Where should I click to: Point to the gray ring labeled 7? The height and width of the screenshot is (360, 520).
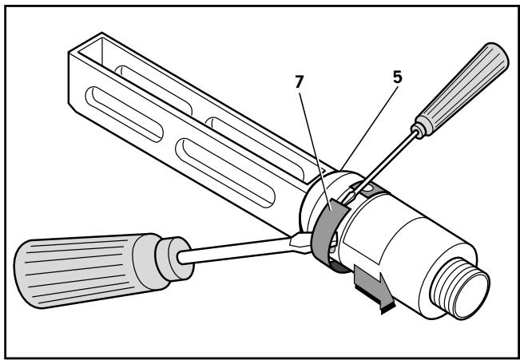tap(326, 236)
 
